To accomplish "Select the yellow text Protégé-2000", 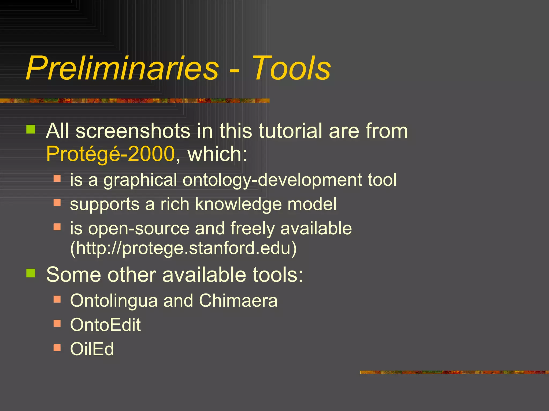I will (110, 154).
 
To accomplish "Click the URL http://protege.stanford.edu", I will (183, 248).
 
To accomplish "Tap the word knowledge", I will (239, 204).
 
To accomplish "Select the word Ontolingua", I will (114, 300).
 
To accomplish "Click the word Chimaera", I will (238, 300).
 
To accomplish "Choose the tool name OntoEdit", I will (105, 325).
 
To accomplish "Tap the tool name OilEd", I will (92, 349).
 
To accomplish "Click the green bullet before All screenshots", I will (31, 130).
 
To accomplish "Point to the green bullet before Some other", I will (31, 273).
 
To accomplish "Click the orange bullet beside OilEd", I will (57, 347).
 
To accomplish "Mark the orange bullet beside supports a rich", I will (57, 203).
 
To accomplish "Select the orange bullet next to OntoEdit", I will (57, 323).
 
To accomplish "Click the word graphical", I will (140, 180).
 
